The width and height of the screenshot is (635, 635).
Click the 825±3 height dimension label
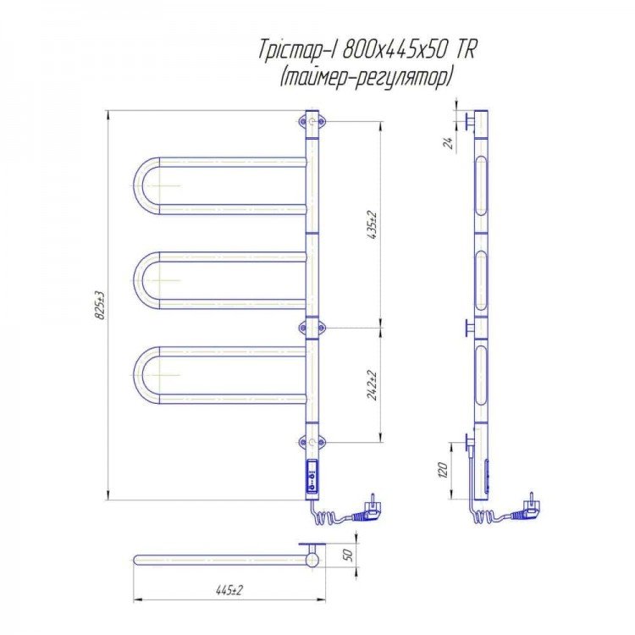[100, 305]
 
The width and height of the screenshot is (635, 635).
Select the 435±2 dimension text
[372, 224]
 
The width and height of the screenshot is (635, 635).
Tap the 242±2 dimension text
[372, 385]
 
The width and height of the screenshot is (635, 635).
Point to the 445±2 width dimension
[229, 590]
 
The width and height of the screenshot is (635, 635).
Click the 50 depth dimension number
[348, 555]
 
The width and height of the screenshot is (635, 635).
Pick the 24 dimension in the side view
[449, 142]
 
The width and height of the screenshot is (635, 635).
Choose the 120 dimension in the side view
[443, 470]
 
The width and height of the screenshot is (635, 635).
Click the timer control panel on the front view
[312, 476]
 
